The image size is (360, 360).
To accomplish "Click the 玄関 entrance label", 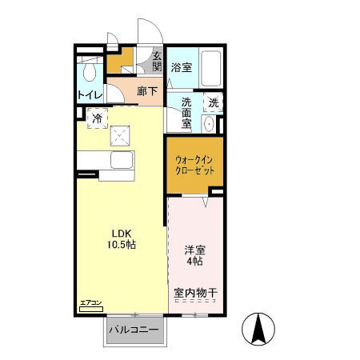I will click(158, 60).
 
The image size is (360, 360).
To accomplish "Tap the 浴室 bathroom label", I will click(181, 68).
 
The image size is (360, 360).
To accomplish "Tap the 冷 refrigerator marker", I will click(97, 119).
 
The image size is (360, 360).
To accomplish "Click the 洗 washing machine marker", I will click(213, 102).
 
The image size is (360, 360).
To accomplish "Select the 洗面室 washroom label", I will click(186, 114).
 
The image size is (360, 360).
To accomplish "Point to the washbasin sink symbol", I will click(210, 124).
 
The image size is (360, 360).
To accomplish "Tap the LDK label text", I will click(122, 232).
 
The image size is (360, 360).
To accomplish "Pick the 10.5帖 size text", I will click(122, 245).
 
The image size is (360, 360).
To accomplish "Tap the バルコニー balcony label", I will click(134, 330).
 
